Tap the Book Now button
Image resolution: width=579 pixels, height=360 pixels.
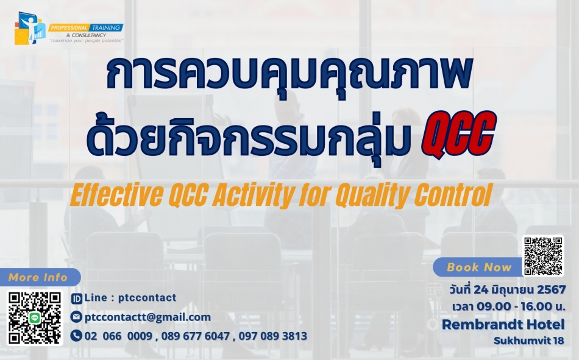(x=479, y=267)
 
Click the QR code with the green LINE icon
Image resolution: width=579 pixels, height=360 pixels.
(x=35, y=318)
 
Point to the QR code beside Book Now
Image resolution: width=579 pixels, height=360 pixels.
(x=543, y=256)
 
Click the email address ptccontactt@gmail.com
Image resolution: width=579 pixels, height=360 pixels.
(x=147, y=317)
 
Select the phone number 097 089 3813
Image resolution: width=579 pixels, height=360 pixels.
(x=273, y=336)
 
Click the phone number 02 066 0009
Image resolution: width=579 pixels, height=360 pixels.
(x=118, y=336)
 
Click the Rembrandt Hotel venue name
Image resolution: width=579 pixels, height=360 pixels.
(x=503, y=325)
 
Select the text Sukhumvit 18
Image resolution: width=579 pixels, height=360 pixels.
(x=529, y=341)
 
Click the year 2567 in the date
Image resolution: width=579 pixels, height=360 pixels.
(x=552, y=290)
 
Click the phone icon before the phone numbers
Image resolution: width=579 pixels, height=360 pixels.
(x=76, y=336)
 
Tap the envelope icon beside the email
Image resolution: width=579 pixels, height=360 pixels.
(x=76, y=317)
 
